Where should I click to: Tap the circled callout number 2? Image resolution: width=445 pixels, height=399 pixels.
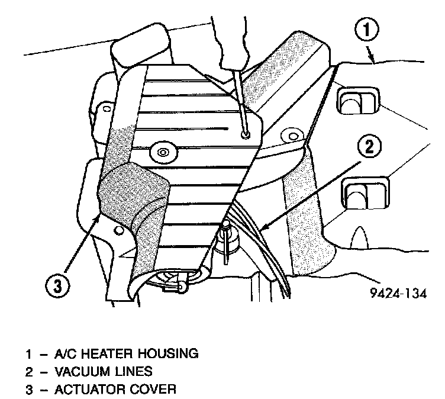click(x=369, y=147)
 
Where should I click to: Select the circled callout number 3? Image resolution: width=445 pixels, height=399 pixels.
click(x=57, y=287)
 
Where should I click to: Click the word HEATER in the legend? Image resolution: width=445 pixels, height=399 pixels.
click(x=106, y=355)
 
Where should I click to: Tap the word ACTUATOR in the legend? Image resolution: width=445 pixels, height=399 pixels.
click(x=88, y=390)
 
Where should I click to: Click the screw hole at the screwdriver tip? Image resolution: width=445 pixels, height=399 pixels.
click(x=245, y=136)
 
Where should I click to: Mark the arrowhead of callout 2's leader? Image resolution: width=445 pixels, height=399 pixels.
click(x=263, y=229)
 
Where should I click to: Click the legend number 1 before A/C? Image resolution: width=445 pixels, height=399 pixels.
click(x=28, y=355)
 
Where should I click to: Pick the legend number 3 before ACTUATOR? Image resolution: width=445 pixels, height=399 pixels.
click(x=28, y=390)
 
